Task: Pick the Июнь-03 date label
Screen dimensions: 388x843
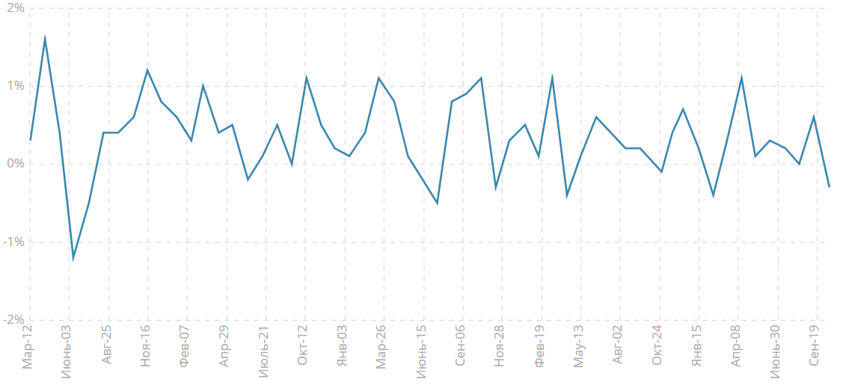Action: [67, 351]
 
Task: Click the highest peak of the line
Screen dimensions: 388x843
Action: [45, 37]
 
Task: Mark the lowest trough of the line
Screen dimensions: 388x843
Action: [73, 259]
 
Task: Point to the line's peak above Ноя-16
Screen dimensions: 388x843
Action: [147, 70]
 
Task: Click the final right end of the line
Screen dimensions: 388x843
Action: [829, 187]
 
